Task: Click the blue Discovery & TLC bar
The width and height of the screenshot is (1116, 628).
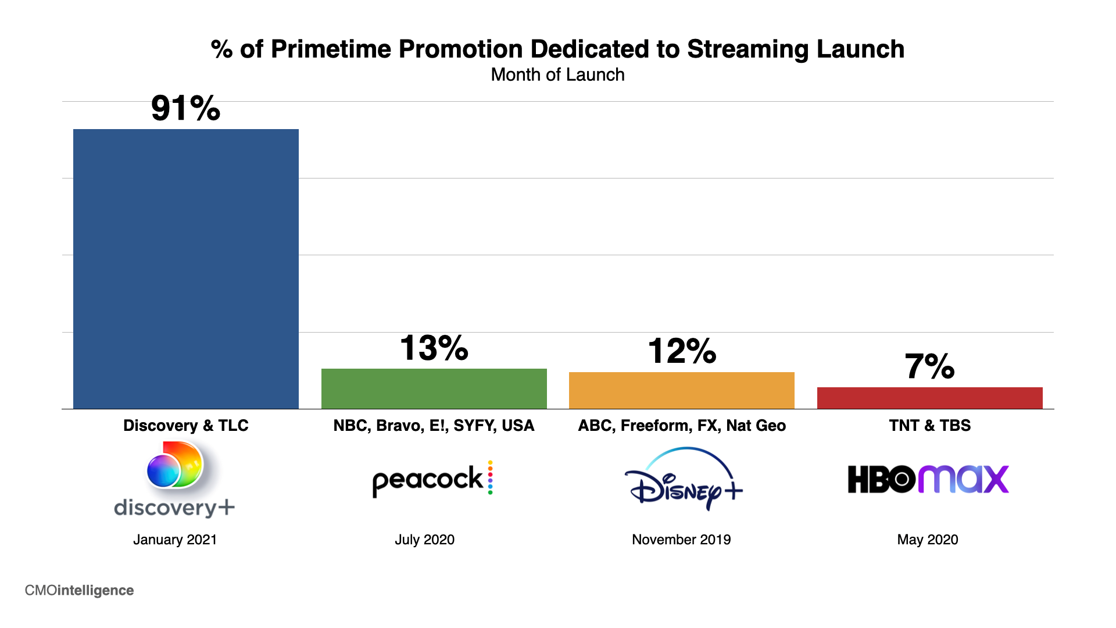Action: (x=185, y=269)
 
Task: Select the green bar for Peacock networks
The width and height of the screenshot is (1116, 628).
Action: (x=434, y=388)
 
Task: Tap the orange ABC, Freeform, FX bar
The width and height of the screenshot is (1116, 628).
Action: (x=681, y=390)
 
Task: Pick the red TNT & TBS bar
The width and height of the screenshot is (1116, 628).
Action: (x=929, y=398)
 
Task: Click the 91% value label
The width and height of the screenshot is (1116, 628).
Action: (x=185, y=108)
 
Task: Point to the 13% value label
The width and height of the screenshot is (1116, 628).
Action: (x=434, y=348)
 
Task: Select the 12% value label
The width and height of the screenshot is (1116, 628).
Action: (x=681, y=351)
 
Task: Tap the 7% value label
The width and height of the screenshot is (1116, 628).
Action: (x=929, y=366)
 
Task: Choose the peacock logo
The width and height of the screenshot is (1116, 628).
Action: (x=432, y=479)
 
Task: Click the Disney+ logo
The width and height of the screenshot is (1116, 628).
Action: (x=684, y=479)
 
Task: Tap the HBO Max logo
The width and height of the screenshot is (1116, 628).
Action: (x=928, y=479)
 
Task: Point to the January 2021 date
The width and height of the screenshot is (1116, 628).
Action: (x=174, y=540)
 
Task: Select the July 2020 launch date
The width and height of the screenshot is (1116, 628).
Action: (x=424, y=540)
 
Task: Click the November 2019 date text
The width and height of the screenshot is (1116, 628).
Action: (x=681, y=540)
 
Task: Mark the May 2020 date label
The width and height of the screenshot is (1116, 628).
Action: (x=927, y=540)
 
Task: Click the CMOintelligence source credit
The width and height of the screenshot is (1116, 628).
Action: (x=79, y=590)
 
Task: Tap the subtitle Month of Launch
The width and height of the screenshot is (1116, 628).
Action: (x=557, y=75)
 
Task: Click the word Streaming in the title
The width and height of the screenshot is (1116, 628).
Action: (x=747, y=49)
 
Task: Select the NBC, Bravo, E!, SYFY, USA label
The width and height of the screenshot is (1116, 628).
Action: (x=434, y=426)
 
